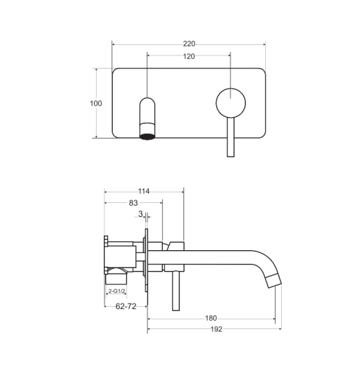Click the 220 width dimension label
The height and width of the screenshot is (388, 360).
(189, 44)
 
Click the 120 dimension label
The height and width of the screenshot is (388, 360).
(189, 56)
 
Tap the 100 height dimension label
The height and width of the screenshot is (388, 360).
(96, 103)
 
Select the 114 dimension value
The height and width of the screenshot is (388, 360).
(144, 191)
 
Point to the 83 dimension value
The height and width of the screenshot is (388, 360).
(133, 203)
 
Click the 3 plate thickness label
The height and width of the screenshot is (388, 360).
(141, 214)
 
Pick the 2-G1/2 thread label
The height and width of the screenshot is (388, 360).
(116, 291)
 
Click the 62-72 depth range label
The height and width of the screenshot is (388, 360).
(126, 306)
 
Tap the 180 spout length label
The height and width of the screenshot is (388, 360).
(211, 318)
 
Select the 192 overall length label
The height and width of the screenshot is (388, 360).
(216, 329)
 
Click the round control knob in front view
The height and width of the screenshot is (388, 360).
(231, 103)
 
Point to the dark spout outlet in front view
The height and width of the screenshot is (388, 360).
(147, 136)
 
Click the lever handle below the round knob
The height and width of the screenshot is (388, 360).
(231, 137)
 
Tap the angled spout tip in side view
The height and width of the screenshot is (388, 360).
(273, 281)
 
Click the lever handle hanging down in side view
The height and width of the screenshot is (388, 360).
(176, 291)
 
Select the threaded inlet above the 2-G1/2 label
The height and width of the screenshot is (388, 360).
(116, 278)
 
